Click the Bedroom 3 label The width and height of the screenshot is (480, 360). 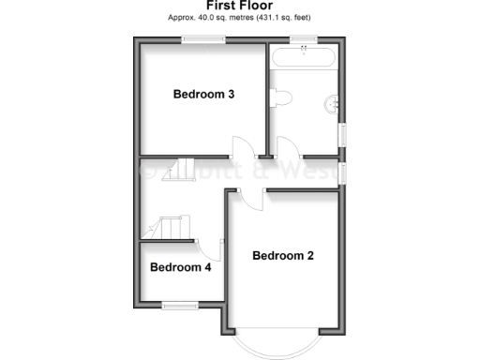202,94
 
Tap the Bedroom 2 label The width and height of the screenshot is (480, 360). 282,255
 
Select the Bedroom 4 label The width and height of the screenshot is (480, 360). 181,267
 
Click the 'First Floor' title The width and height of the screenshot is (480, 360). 239,6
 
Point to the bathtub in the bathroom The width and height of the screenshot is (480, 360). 303,58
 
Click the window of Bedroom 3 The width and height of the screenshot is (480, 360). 202,38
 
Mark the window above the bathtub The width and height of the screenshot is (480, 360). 302,38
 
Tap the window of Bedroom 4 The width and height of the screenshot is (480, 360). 176,304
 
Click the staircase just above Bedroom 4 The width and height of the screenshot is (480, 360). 168,228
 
